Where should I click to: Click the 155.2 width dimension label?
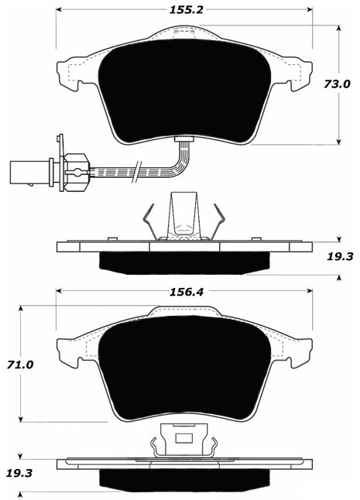(x=185, y=11)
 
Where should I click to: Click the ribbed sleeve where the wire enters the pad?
(x=185, y=141)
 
